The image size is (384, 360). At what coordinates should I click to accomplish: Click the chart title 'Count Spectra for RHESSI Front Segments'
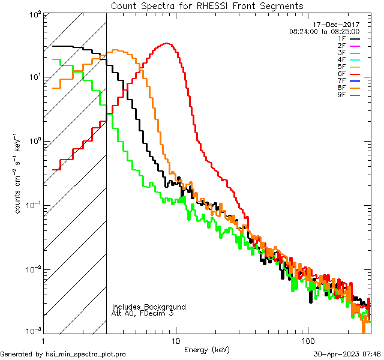(x=207, y=5)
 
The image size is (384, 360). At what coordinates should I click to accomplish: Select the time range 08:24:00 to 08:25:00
(x=324, y=31)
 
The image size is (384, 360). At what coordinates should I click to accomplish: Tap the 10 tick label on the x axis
(x=175, y=341)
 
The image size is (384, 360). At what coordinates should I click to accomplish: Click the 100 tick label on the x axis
(x=307, y=341)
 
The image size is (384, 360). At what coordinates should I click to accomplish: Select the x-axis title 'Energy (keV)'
(x=207, y=349)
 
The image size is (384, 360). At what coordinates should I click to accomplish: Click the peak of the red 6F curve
(x=167, y=43)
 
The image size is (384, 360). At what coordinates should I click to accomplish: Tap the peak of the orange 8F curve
(x=116, y=50)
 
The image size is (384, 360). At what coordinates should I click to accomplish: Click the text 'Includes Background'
(x=149, y=307)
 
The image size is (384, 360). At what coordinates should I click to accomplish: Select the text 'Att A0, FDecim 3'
(x=143, y=313)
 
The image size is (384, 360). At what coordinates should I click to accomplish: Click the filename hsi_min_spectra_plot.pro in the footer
(x=86, y=354)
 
